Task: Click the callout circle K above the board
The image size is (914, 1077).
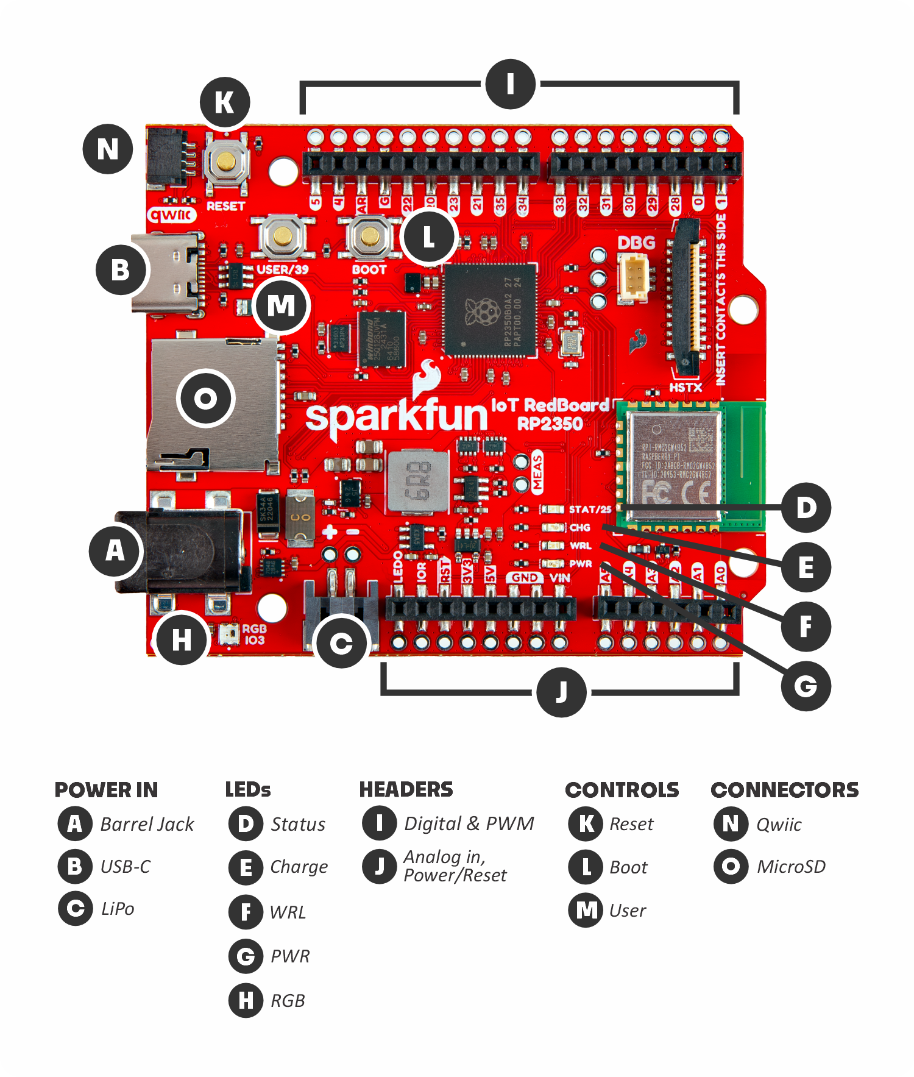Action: pos(225,102)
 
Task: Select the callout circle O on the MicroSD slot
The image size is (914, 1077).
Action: pos(206,399)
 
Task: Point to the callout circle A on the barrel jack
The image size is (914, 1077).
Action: pos(115,551)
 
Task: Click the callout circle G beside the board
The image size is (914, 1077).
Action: pos(806,686)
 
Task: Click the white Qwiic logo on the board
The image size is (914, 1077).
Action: pos(172,215)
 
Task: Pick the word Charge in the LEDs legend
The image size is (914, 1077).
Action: pos(299,867)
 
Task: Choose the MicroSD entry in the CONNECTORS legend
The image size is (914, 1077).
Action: pos(791,867)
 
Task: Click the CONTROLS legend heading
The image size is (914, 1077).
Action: pos(622,790)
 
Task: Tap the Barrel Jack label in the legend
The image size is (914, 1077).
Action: pos(147,824)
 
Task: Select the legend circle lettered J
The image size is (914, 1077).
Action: pos(379,866)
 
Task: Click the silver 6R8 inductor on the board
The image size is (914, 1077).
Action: pos(418,480)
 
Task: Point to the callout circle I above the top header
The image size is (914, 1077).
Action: pos(511,84)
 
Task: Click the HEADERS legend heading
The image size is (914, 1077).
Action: pos(406,790)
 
